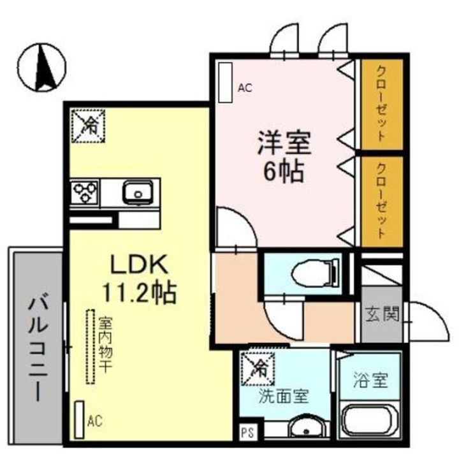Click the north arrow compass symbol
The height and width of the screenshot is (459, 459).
pyautogui.click(x=43, y=68)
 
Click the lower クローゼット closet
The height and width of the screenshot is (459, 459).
pyautogui.click(x=381, y=201)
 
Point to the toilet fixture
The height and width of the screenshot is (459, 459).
pyautogui.click(x=313, y=273)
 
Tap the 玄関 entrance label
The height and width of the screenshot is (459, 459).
pyautogui.click(x=382, y=314)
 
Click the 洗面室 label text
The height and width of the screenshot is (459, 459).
pyautogui.click(x=284, y=396)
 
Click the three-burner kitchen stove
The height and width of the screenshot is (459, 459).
pyautogui.click(x=86, y=191)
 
